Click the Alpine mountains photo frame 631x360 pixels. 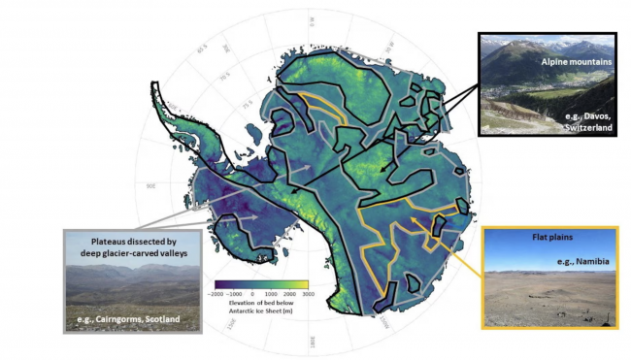coord(547,84)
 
